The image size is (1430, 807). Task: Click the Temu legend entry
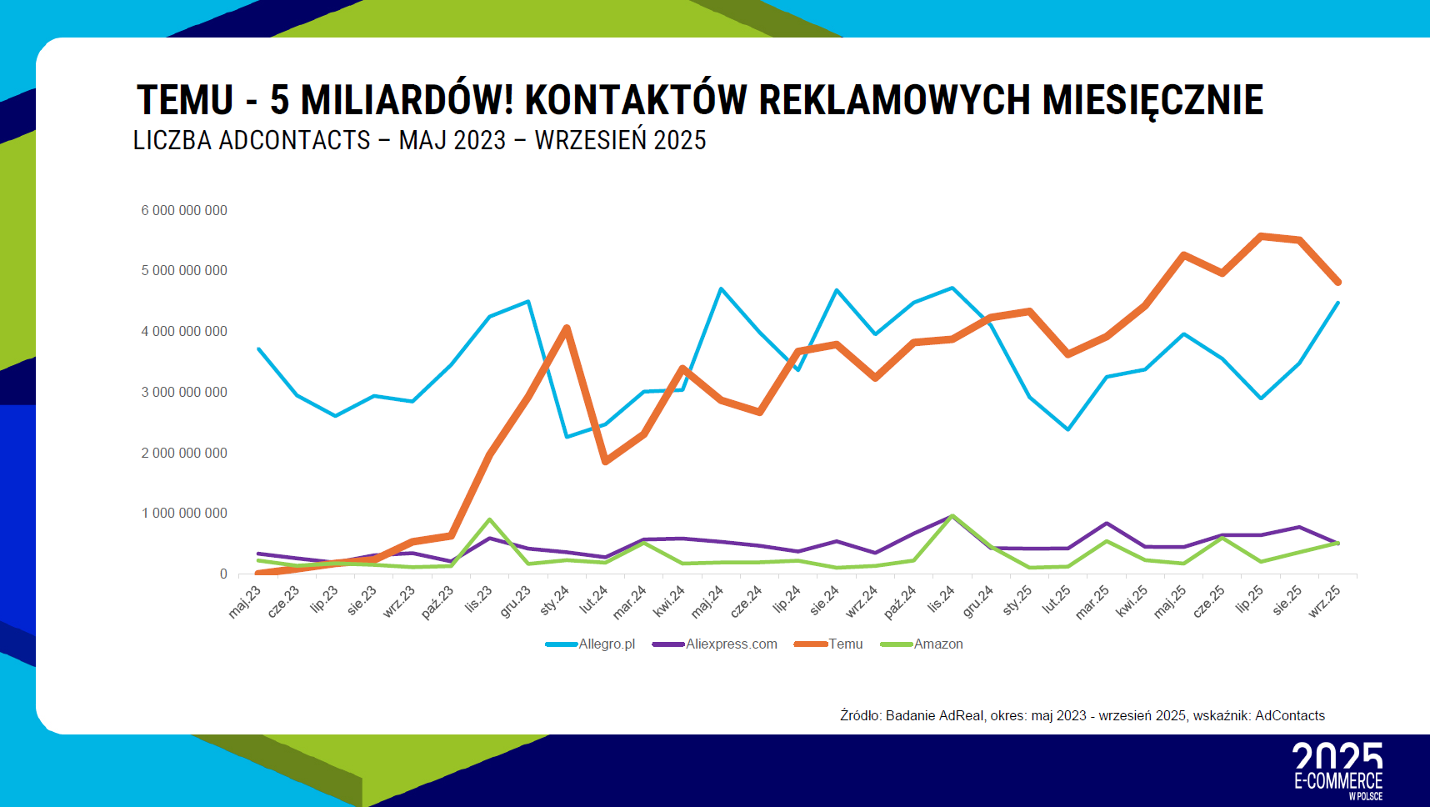coord(845,644)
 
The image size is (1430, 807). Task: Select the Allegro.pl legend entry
coord(606,644)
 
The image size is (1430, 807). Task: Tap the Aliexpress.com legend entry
coord(731,644)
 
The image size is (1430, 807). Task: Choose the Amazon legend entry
coord(937,644)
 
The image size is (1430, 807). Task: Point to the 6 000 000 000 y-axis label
coord(184,210)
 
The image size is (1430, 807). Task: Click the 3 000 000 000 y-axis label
coord(184,392)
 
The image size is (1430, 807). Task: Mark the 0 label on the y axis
coord(223,574)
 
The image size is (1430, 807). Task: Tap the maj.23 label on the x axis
coord(245,600)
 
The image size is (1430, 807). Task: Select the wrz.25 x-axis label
coord(1324,600)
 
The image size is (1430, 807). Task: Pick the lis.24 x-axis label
coord(941,599)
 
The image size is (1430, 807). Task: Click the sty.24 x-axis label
coord(554,599)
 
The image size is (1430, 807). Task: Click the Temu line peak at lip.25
coord(1261,236)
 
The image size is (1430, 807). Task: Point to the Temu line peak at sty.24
coord(567,328)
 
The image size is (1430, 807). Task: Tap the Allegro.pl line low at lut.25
coord(1067,429)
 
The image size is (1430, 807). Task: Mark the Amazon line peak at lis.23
coord(489,519)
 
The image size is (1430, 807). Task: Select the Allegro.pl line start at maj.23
coord(258,348)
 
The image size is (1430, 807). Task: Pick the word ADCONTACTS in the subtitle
coord(294,140)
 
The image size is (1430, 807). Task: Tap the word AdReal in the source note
coord(961,715)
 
